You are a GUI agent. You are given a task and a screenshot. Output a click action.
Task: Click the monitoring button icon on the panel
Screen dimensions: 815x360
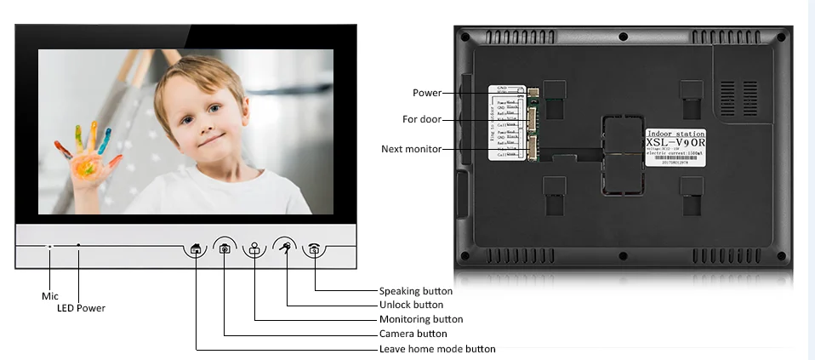pos(255,249)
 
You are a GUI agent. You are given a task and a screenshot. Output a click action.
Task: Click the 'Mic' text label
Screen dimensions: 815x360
pos(50,295)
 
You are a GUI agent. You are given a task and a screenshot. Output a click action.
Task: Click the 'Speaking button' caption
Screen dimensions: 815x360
pos(416,291)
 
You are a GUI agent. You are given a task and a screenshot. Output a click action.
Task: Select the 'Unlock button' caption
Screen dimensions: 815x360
pos(411,305)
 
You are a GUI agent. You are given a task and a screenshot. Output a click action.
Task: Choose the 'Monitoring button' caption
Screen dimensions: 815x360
pos(421,319)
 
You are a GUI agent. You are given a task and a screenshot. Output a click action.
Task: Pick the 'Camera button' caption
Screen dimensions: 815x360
pos(413,334)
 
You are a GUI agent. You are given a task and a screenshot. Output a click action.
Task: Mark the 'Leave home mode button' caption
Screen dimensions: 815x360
pos(437,349)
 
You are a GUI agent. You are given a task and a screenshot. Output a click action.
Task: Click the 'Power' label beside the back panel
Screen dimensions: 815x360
pos(427,93)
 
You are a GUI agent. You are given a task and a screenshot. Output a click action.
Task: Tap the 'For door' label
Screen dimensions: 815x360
pos(422,119)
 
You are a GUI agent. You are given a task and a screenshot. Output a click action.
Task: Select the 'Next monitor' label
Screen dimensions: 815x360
pos(411,149)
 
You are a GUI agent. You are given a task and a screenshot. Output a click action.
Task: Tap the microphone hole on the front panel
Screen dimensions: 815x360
pos(50,247)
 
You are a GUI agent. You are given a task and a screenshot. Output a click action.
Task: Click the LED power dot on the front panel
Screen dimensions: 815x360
pos(78,246)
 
